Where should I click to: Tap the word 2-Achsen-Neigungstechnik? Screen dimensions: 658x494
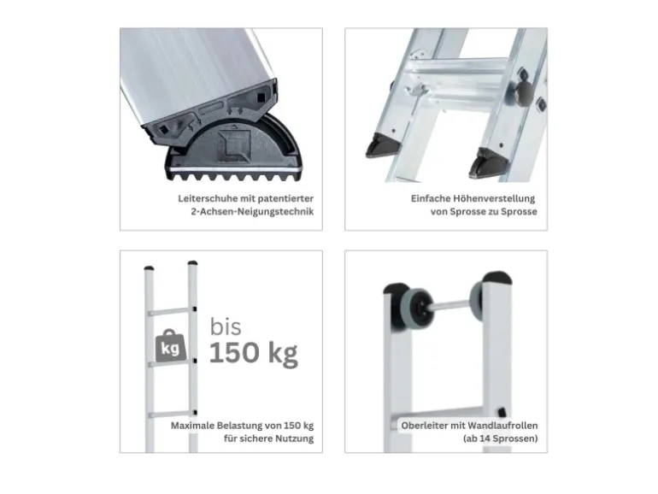click(252, 212)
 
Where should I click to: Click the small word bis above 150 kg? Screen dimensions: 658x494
click(226, 327)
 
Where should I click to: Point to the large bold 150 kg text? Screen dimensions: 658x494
click(254, 353)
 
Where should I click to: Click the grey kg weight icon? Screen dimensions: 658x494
click(170, 346)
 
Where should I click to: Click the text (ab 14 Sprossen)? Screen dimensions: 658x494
click(500, 438)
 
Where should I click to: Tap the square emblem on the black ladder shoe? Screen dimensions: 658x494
click(234, 146)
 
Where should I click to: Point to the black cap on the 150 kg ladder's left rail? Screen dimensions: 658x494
click(149, 268)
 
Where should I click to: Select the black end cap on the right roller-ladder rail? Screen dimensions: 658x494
click(497, 278)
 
